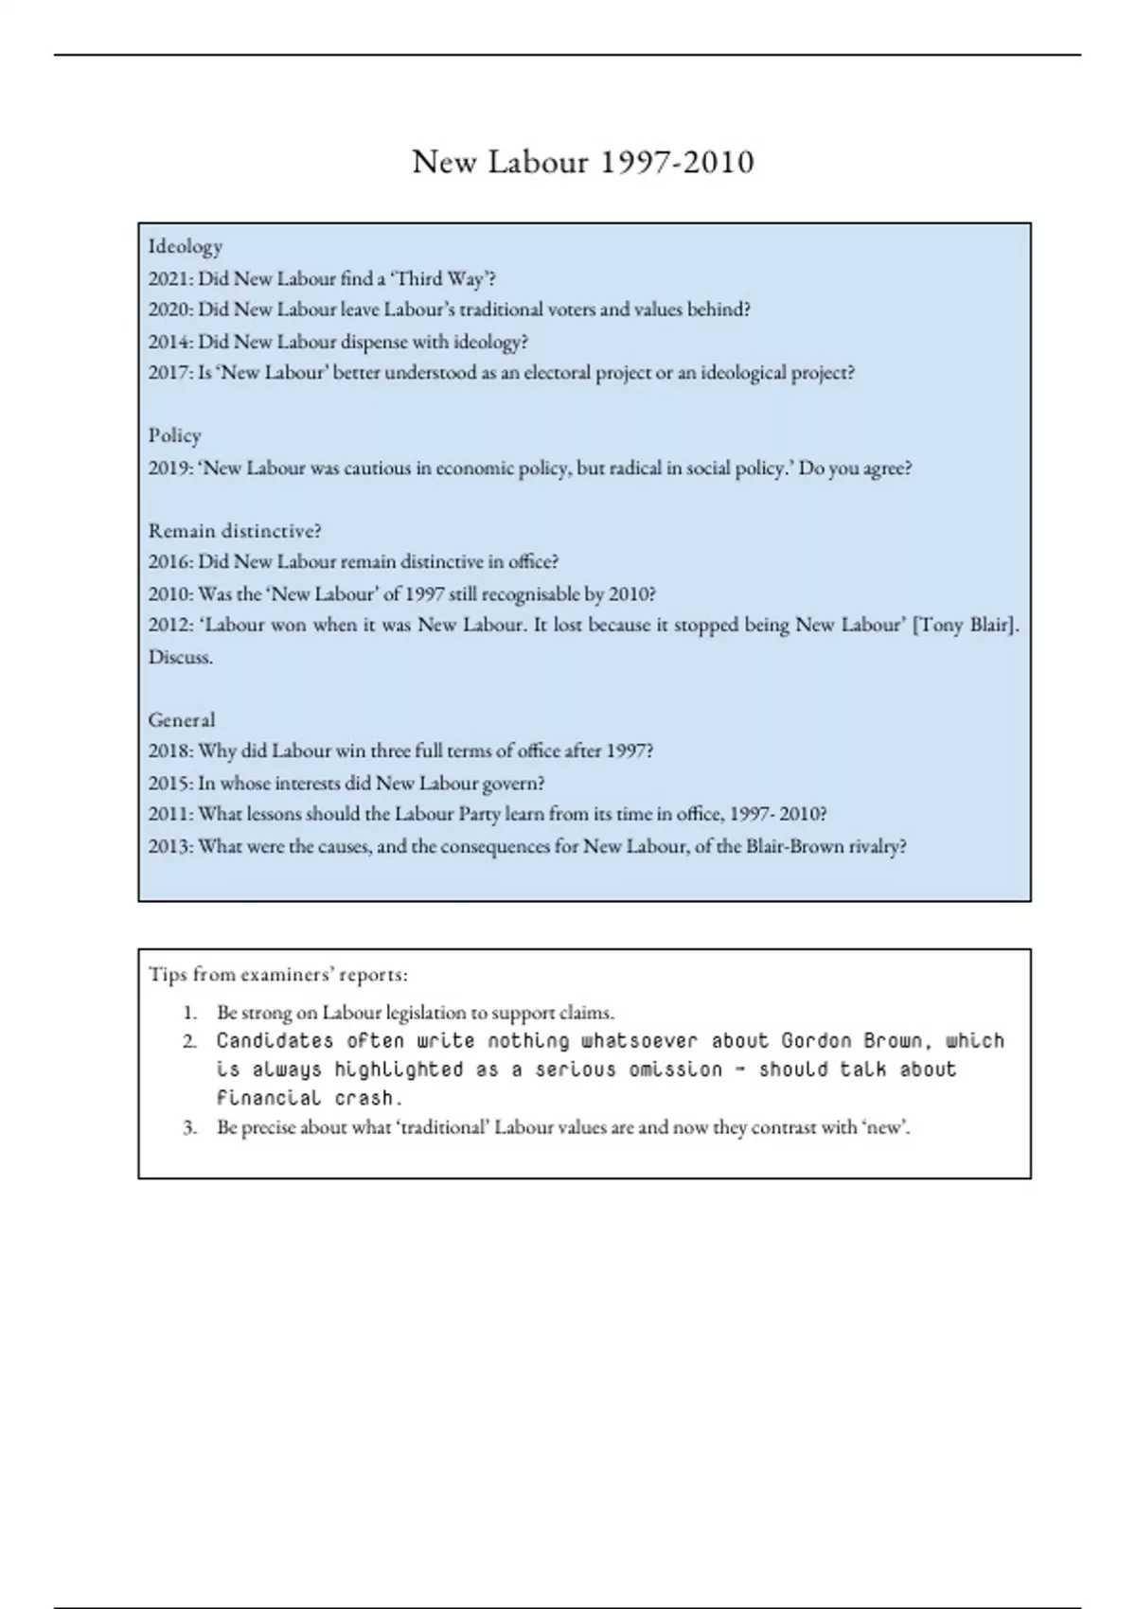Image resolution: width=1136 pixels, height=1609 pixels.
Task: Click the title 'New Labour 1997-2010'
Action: pos(583,163)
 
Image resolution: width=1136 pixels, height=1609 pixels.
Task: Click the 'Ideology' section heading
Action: pos(186,247)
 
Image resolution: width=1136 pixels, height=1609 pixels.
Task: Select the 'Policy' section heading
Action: pos(175,435)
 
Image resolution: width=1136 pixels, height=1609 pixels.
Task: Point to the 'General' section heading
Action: pos(182,720)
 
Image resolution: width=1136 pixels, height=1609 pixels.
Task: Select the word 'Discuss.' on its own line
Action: pos(181,658)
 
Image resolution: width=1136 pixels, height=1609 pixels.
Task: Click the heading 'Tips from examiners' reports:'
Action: pos(278,975)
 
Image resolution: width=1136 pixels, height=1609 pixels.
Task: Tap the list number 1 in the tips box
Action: pos(190,1013)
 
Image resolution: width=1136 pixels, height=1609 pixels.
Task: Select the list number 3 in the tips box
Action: pos(190,1128)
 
